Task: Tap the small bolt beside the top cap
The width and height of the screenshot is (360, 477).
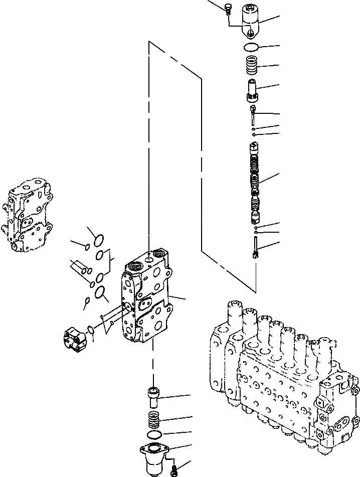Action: pyautogui.click(x=229, y=8)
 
